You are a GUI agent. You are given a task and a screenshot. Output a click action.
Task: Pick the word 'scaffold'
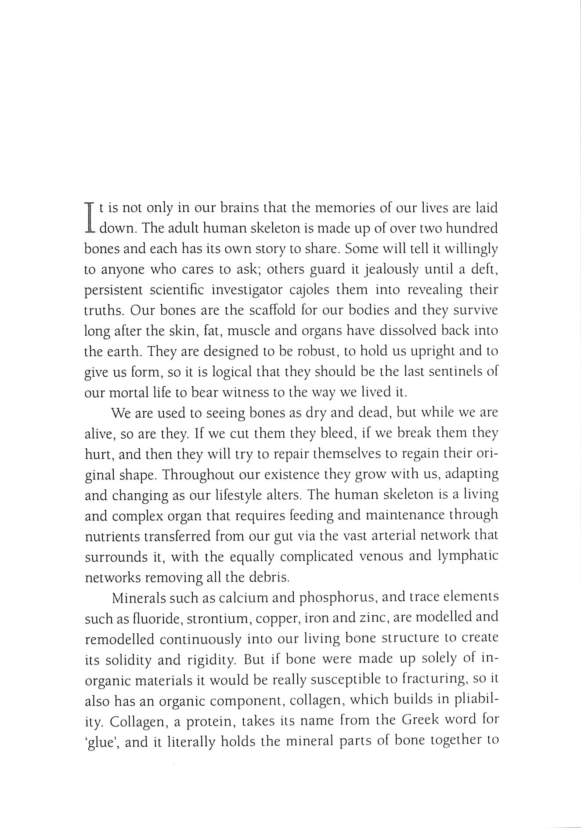[x=274, y=310]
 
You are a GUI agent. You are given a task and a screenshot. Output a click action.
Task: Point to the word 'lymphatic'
[x=468, y=556]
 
